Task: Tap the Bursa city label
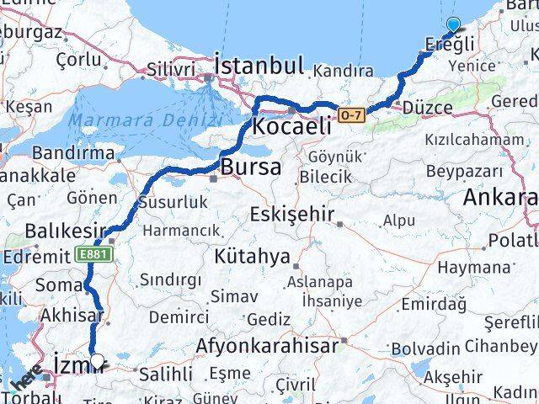click(251, 167)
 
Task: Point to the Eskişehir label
click(291, 215)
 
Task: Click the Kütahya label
click(252, 256)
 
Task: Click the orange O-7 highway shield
click(351, 114)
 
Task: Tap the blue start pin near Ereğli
click(454, 26)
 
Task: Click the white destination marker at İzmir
click(98, 362)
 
